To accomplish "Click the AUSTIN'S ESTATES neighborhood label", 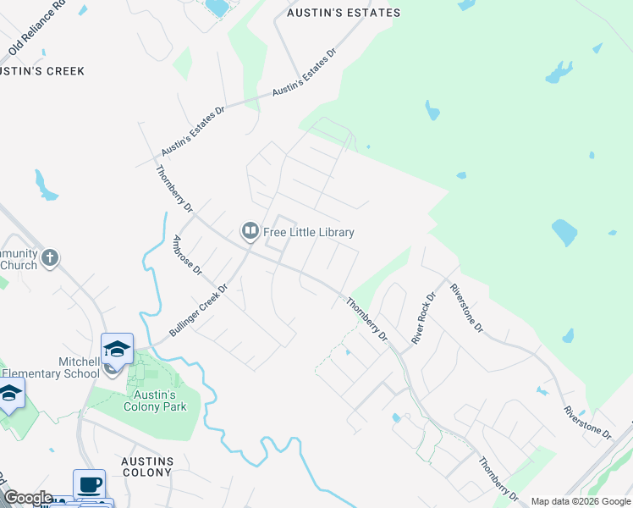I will coord(343,14).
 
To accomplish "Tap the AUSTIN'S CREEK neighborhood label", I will coord(42,71).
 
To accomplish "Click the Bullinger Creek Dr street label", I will coord(199,310).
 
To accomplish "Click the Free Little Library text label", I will coord(309,232).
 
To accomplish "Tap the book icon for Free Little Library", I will coord(250,230).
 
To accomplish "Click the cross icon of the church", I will coord(50,257).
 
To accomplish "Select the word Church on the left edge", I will coord(19,265).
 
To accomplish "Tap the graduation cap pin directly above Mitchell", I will coord(118,349).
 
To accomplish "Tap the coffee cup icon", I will coord(89,485).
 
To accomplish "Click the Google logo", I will coord(28,498).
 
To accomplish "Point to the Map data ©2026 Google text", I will coord(580,501).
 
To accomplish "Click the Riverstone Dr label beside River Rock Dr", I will coord(466,307).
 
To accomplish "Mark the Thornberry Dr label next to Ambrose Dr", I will coord(175,187).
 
